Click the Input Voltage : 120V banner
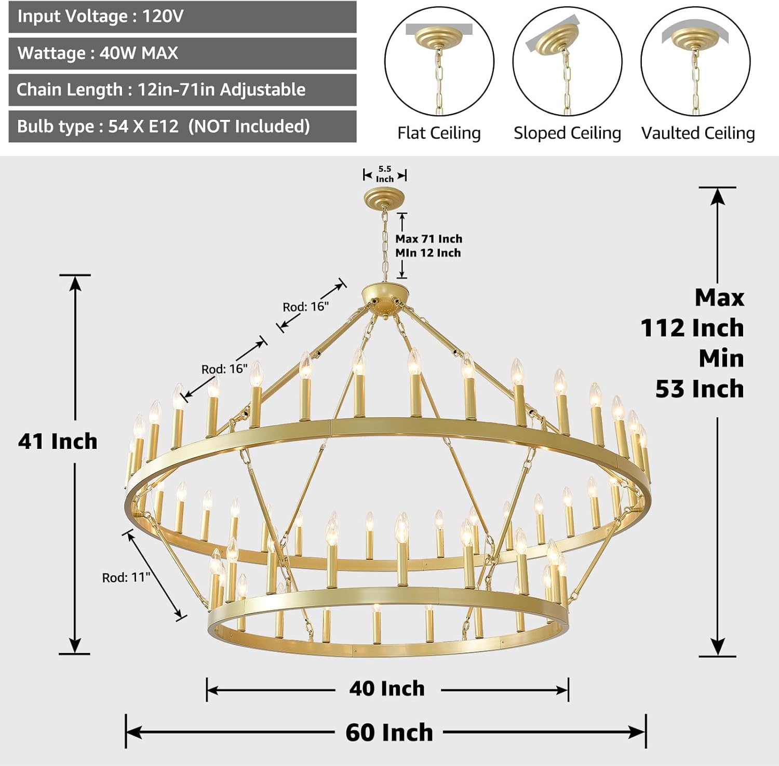click(182, 17)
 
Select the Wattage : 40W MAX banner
click(182, 53)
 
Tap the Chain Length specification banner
click(182, 90)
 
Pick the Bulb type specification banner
click(182, 127)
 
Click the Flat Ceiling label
click(439, 133)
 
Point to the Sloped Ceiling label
click(567, 133)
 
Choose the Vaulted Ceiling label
click(698, 133)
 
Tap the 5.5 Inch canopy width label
click(385, 174)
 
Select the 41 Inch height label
click(58, 441)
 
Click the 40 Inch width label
click(387, 689)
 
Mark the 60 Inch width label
click(389, 732)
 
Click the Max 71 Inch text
click(428, 239)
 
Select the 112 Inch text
click(692, 328)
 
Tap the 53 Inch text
click(699, 389)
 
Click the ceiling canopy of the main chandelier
click(384, 197)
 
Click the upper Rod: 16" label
click(305, 307)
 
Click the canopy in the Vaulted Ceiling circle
click(695, 37)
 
